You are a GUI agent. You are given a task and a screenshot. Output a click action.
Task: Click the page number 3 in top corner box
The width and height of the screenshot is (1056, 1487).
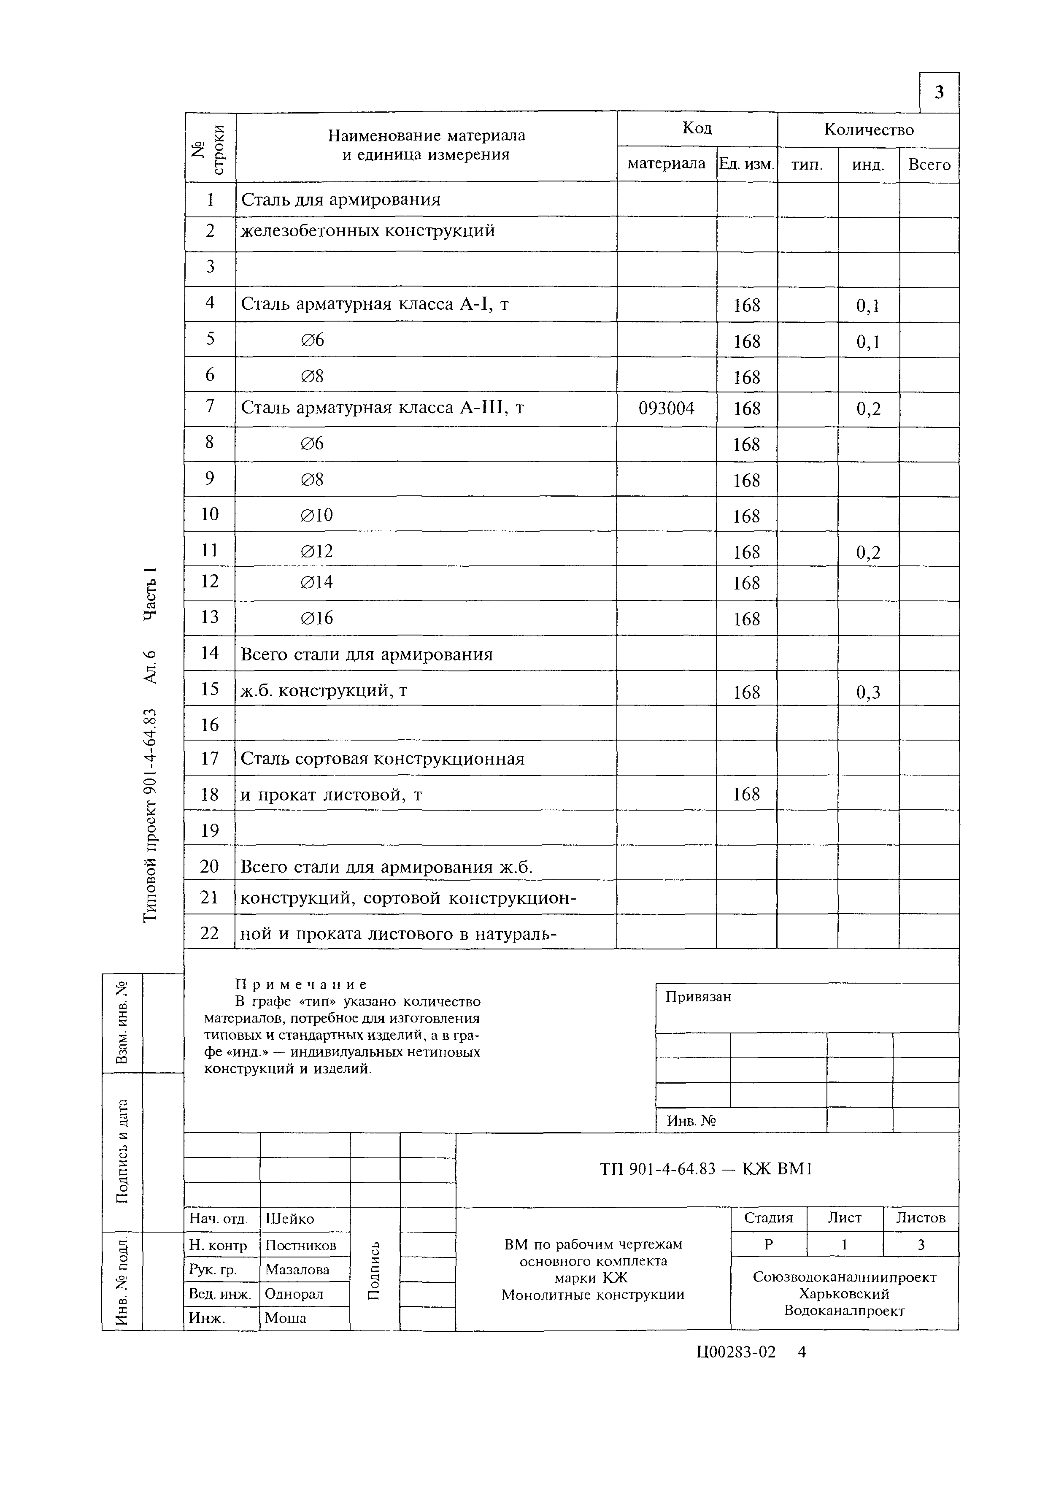pos(939,93)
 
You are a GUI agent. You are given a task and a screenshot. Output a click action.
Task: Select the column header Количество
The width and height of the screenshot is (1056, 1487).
pos(869,130)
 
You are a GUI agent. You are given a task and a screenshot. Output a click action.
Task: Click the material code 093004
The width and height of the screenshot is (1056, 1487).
pos(667,408)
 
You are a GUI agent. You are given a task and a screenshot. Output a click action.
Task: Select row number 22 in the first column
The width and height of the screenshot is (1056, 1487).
pos(209,933)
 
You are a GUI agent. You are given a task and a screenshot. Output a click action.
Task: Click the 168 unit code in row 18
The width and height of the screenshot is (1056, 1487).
pos(746,794)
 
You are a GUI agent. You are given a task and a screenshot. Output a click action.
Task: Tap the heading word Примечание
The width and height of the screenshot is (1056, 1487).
pos(301,984)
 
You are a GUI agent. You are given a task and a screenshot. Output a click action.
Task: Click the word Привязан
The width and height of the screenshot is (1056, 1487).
pos(698,997)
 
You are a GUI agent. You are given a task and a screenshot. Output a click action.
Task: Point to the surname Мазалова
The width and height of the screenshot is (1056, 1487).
pos(297,1270)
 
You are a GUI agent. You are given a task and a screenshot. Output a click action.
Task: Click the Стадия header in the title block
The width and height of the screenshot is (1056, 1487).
pos(769,1218)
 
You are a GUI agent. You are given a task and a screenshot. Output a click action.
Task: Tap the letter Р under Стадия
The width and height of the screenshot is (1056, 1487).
pos(769,1244)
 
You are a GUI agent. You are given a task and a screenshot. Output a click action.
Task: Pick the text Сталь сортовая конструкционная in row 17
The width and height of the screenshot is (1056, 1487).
pos(382,759)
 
